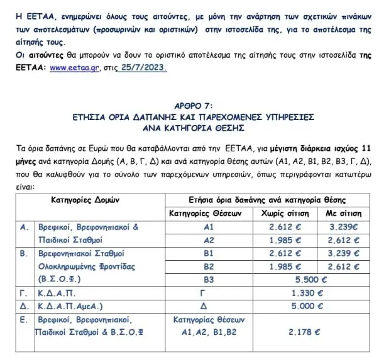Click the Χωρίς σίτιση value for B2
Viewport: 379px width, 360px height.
pos(284,266)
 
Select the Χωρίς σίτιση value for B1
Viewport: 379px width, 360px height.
pos(284,253)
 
